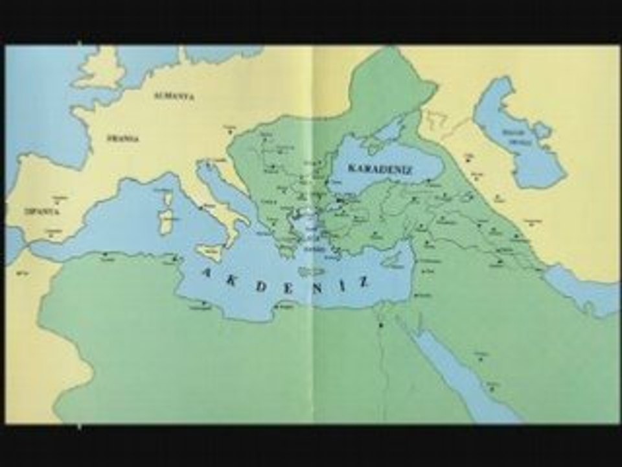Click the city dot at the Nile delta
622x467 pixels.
click(382, 324)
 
